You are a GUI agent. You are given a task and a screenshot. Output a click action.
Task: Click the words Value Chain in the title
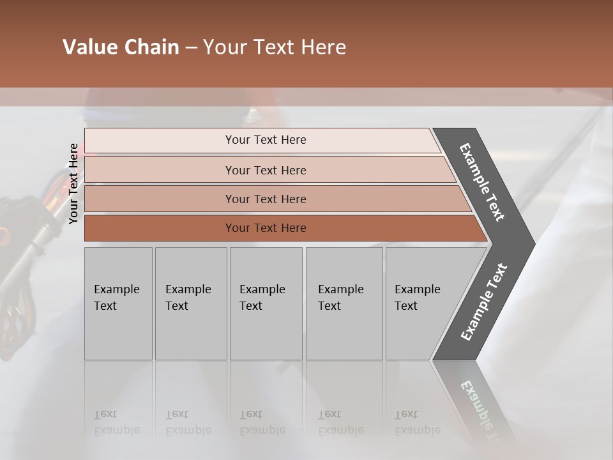[x=121, y=47]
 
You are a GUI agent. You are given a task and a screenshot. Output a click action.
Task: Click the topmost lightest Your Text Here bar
[x=266, y=140]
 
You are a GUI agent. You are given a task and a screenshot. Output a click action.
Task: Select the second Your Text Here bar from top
[x=266, y=170]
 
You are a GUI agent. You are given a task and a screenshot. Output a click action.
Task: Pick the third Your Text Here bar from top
[x=266, y=199]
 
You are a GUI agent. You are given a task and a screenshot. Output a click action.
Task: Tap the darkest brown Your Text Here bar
[x=266, y=228]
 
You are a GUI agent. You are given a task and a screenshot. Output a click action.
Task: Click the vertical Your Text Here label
[x=73, y=183]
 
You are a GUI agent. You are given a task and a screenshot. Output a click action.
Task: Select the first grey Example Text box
[x=118, y=303]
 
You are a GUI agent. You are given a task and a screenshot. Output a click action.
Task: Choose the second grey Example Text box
[x=191, y=303]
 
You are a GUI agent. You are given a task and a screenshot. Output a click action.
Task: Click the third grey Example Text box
[x=266, y=303]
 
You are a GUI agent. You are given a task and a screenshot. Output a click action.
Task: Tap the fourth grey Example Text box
[x=344, y=303]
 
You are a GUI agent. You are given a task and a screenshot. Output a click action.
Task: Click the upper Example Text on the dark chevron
[x=482, y=182]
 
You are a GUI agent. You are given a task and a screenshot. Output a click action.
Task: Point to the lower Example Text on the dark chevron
[x=484, y=302]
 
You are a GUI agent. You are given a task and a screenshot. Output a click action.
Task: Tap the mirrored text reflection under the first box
[x=117, y=422]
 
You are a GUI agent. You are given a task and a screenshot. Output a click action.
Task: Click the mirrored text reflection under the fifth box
[x=417, y=422]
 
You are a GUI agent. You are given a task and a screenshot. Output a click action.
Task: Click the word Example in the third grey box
[x=262, y=289]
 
